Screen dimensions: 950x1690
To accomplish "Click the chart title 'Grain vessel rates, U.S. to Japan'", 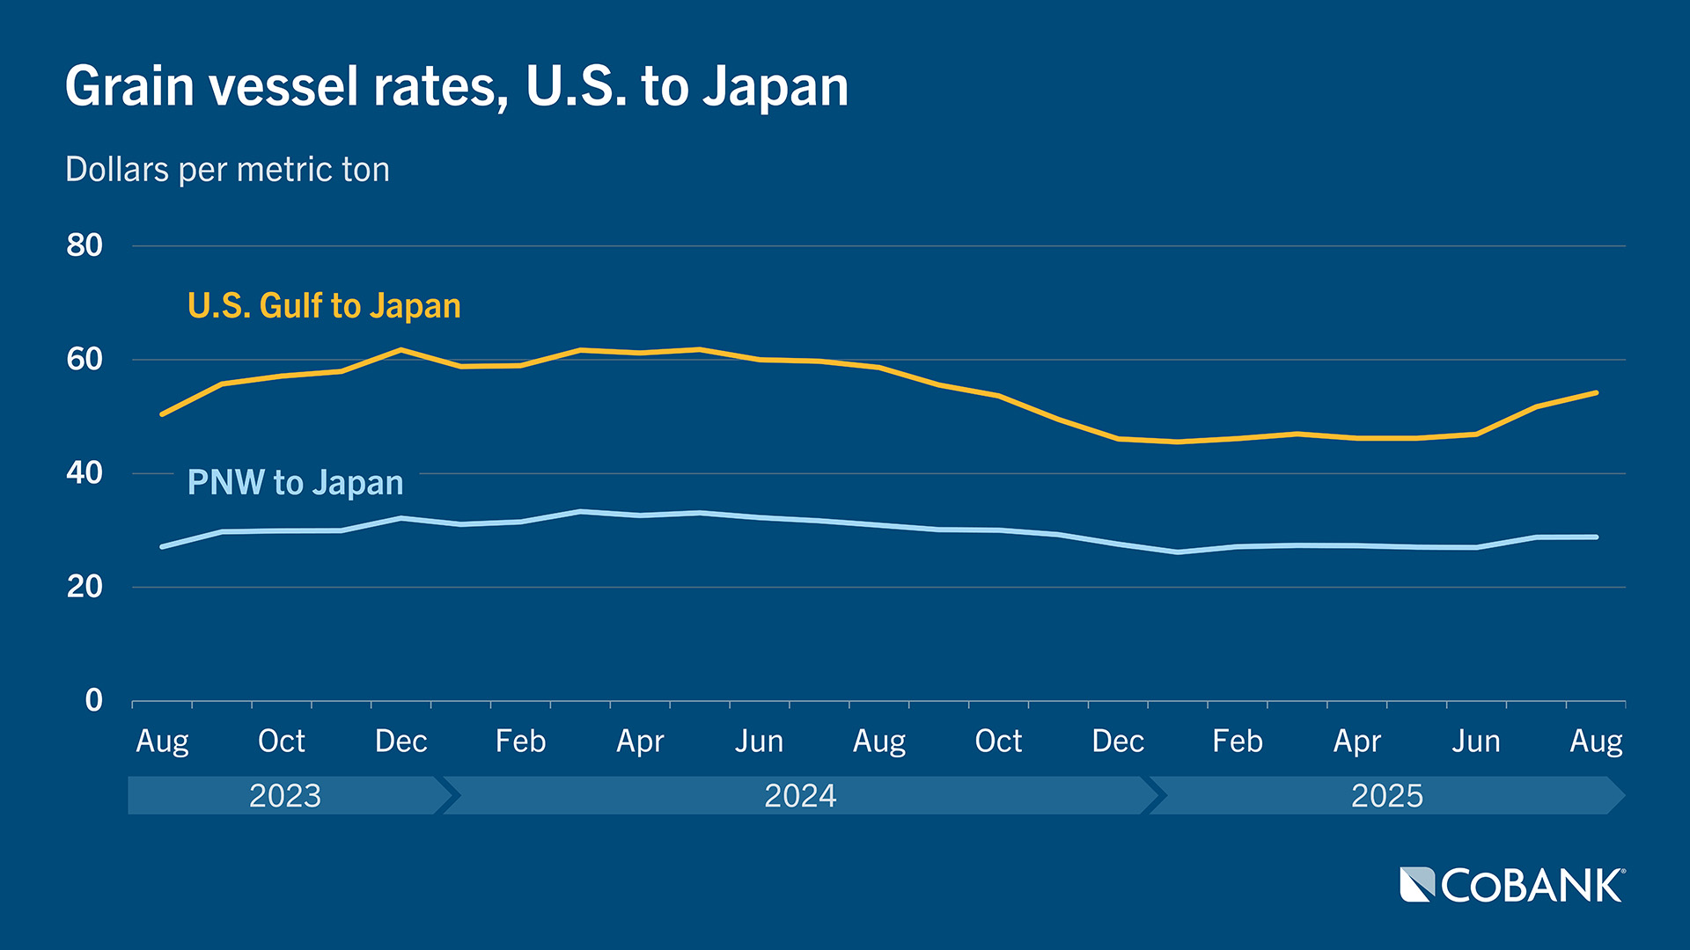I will pos(457,86).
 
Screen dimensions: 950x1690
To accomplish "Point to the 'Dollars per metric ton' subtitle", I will pos(227,170).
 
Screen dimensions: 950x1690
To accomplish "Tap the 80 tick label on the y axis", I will pos(84,245).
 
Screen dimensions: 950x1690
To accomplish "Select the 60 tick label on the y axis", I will pos(84,359).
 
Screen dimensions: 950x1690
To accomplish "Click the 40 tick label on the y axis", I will pos(84,473).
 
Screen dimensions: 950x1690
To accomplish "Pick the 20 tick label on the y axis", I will pos(84,587).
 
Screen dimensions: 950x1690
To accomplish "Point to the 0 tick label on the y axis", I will pos(93,700).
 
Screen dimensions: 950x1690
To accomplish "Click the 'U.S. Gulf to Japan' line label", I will pos(324,306).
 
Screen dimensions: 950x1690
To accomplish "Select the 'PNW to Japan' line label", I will pos(295,483).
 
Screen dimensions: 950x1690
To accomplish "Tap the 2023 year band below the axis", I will pos(285,795).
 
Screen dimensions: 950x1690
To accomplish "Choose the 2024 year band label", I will pos(799,795).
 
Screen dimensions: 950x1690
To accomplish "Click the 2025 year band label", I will pos(1386,795).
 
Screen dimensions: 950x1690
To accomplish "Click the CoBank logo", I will pos(1512,885).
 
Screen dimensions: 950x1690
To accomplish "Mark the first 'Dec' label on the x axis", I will pos(400,742).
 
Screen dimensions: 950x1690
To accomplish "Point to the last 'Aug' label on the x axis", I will pos(1596,742).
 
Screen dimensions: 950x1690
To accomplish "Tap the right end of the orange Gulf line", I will pos(1596,392).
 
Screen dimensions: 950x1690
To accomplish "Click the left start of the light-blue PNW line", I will pos(162,547).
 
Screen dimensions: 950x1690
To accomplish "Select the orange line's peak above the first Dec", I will pos(401,350).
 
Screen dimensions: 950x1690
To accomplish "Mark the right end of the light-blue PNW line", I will pos(1596,537).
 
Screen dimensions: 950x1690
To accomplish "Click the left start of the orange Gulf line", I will pos(162,413).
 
